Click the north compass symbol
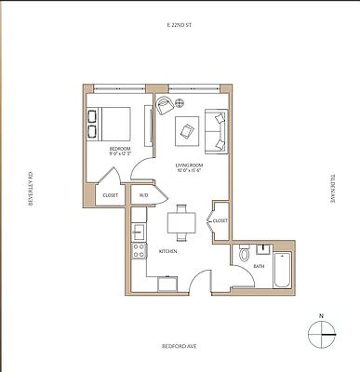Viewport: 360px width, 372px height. pos(321,333)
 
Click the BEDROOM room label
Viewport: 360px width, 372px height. pos(120,149)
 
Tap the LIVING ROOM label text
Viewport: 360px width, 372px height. pos(190,166)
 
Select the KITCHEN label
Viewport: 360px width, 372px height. pos(168,251)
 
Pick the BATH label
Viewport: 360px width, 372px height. pos(259,267)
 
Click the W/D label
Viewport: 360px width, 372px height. pos(144,195)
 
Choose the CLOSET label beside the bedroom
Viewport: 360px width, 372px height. pos(110,195)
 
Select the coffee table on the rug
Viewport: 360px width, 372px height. pos(189,131)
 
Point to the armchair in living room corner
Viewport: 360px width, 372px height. pos(164,105)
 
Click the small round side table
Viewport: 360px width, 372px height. pos(181,101)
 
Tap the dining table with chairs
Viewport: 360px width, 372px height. pos(180,223)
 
